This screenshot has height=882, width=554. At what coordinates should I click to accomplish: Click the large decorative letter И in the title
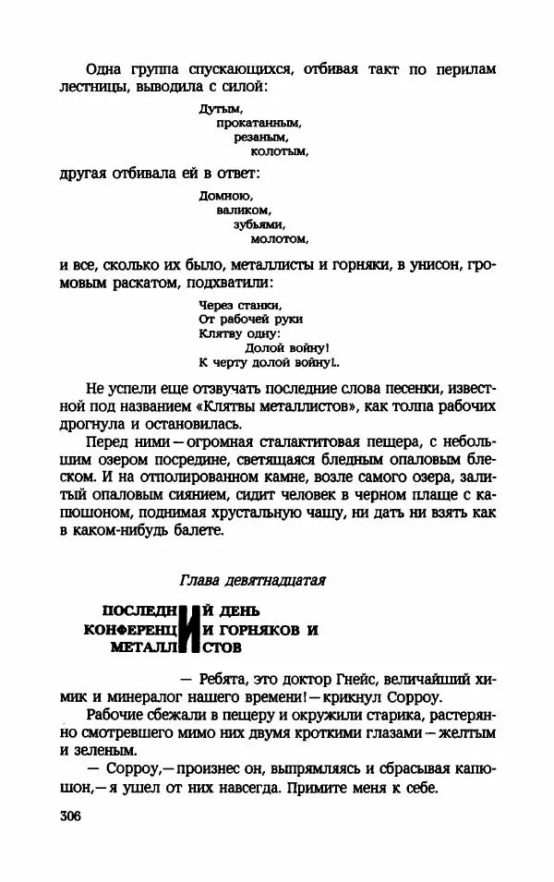pyautogui.click(x=191, y=629)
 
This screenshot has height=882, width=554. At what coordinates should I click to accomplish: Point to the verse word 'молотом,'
pyautogui.click(x=278, y=237)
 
